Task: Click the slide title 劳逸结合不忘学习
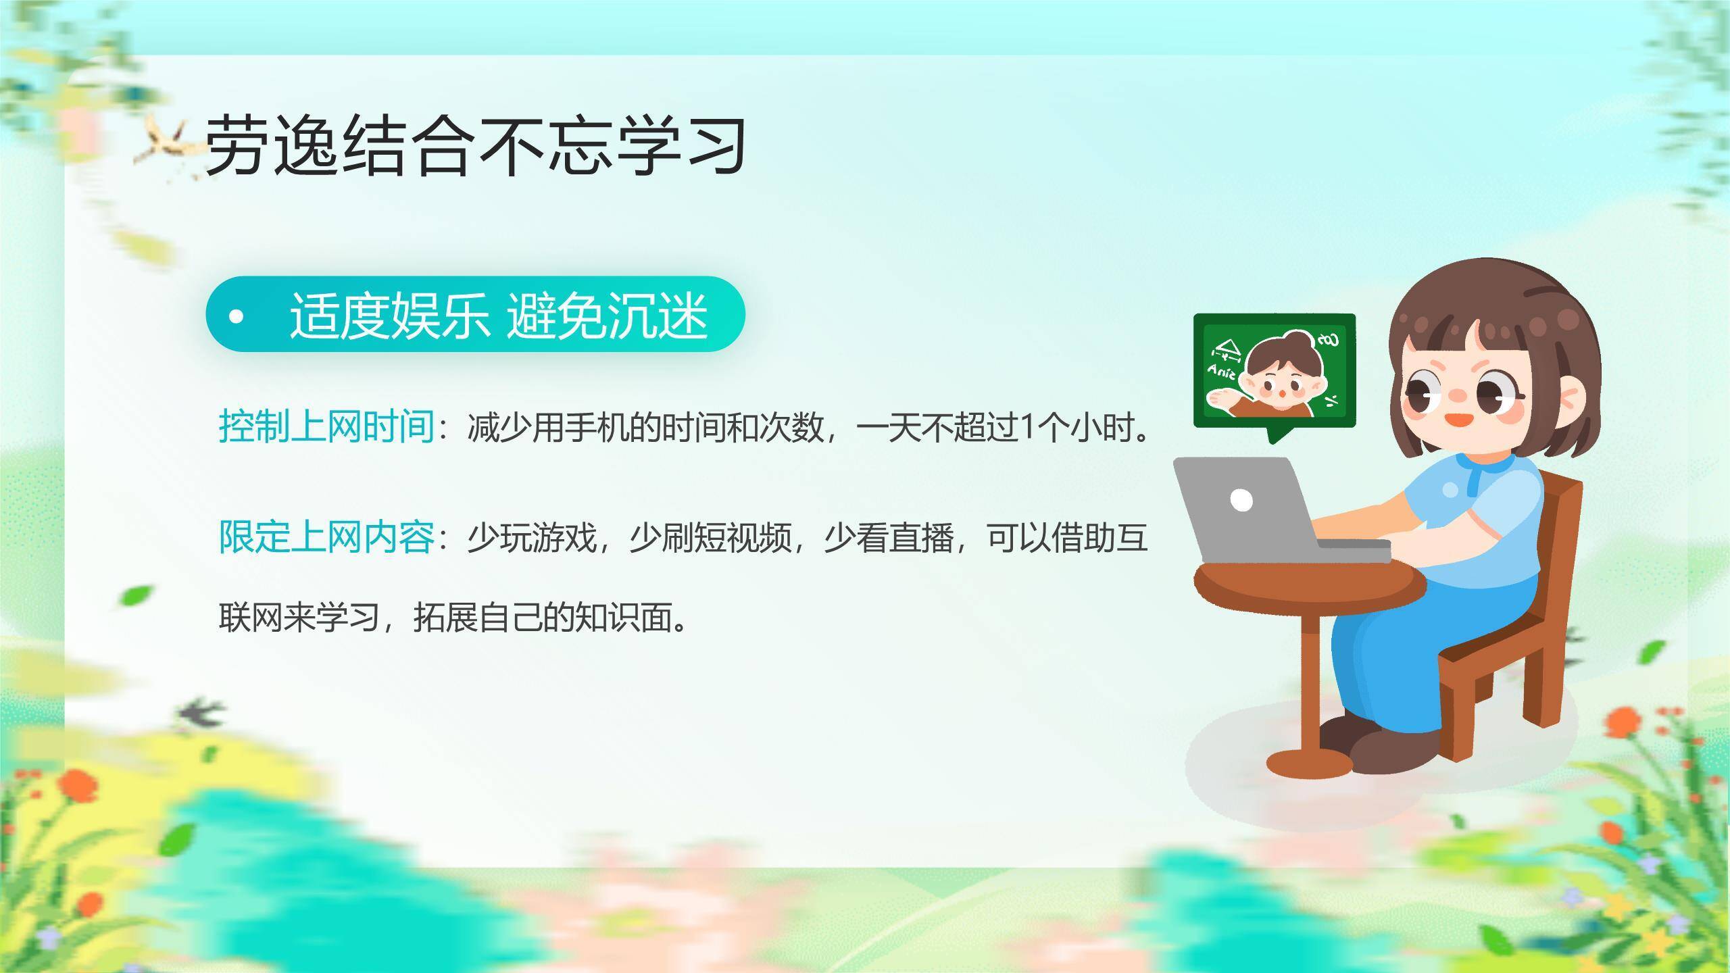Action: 475,145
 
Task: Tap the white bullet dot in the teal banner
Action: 236,316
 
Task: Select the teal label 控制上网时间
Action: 326,427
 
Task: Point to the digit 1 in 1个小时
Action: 1028,428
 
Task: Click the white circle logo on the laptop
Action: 1241,501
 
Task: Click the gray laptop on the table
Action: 1250,514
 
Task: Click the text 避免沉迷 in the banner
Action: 606,316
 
